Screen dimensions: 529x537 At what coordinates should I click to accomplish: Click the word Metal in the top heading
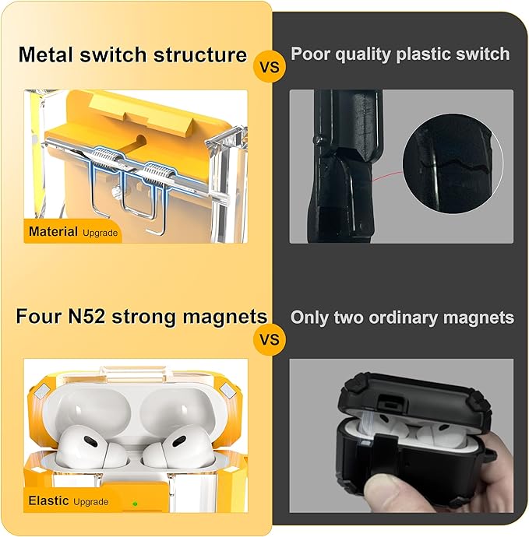[x=47, y=54]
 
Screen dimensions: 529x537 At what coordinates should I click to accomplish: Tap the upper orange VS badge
[x=270, y=67]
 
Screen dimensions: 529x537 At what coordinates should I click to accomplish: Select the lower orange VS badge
[x=270, y=339]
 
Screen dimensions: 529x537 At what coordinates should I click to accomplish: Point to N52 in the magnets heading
[x=86, y=316]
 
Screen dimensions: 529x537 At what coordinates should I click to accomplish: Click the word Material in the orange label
[x=53, y=231]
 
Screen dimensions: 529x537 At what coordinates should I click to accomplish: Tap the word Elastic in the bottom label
[x=48, y=500]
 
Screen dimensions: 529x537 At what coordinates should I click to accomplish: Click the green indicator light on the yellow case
[x=135, y=504]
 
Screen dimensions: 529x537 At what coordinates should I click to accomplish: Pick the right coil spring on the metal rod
[x=157, y=174]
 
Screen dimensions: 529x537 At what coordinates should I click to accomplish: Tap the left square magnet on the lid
[x=43, y=391]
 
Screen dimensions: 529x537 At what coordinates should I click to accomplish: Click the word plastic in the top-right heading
[x=421, y=54]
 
